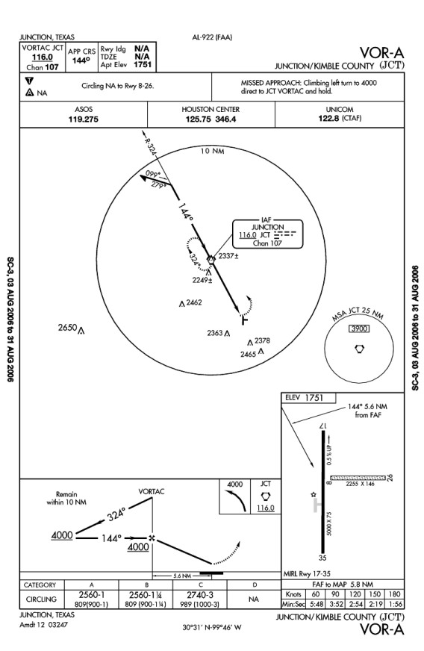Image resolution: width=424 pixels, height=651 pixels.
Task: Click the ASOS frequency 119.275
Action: tap(84, 119)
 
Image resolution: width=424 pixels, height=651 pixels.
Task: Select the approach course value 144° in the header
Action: tap(81, 60)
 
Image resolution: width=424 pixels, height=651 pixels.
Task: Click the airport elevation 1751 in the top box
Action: tap(143, 65)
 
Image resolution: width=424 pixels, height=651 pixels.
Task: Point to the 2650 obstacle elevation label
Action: tap(68, 328)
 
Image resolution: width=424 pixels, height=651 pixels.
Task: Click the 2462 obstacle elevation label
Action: tap(194, 302)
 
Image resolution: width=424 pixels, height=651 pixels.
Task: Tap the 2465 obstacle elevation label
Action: tap(248, 354)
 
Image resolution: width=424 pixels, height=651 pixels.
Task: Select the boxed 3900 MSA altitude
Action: tap(359, 328)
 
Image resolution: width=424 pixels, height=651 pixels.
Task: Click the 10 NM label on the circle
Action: tap(212, 151)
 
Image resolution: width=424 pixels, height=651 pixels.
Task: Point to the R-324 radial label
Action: tap(150, 146)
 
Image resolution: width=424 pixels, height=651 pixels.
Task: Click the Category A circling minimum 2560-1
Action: tap(91, 594)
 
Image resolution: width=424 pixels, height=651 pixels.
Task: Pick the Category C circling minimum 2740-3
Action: tap(200, 594)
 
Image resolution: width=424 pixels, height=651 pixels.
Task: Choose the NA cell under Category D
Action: tap(253, 599)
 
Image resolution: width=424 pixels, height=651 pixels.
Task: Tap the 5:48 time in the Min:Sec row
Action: tap(317, 604)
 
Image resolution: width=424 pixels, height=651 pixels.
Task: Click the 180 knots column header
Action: tap(395, 594)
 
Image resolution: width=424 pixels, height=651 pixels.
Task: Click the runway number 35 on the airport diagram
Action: tap(322, 558)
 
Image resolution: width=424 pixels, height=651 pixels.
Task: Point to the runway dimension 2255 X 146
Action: tap(360, 484)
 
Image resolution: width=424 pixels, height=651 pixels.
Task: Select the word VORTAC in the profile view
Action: tap(151, 491)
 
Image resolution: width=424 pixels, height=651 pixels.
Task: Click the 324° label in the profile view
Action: tap(116, 514)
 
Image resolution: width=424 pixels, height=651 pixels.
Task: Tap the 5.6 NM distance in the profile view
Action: tap(182, 576)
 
